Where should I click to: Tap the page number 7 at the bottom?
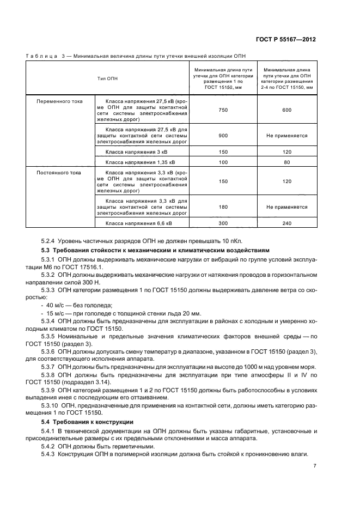coord(315,466)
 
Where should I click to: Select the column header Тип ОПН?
coord(107,78)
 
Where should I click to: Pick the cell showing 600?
coord(287,110)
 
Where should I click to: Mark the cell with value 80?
coord(287,162)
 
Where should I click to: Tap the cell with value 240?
coord(287,223)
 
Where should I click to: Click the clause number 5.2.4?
coord(49,240)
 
